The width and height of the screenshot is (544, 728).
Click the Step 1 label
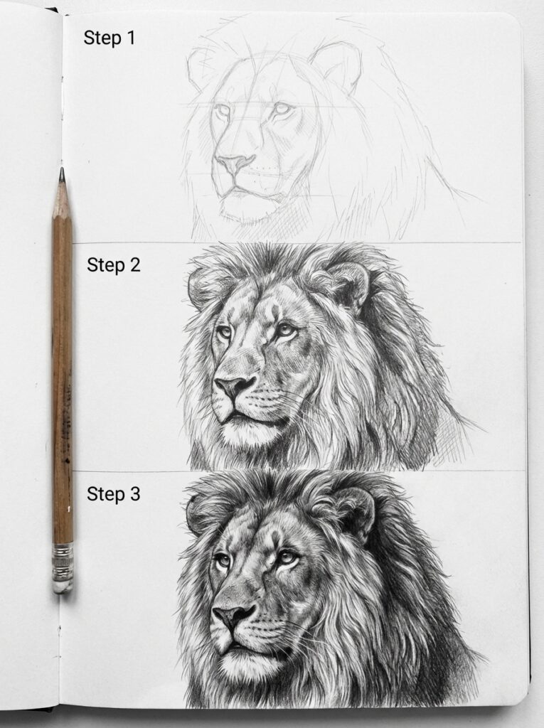[x=109, y=38]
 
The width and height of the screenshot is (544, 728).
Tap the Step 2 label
[x=114, y=265]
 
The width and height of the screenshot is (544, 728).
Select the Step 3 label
[x=114, y=494]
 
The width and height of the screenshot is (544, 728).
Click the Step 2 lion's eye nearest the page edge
[x=286, y=329]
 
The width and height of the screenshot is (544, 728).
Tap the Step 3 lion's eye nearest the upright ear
[x=287, y=557]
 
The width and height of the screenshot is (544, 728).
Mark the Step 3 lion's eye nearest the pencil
[x=223, y=561]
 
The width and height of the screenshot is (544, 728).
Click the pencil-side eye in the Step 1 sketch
[x=223, y=111]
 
